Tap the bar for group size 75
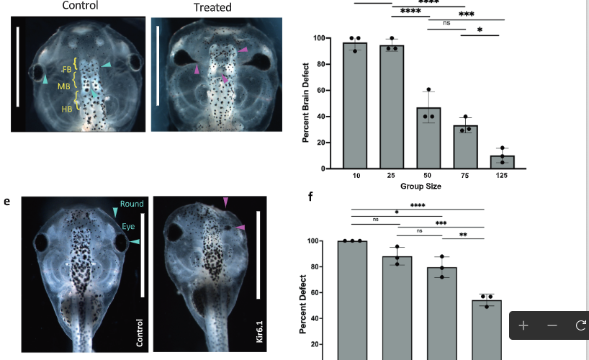tap(466, 147)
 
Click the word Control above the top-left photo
tap(80, 6)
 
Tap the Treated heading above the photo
tap(212, 7)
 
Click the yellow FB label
tap(67, 69)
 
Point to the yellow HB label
tap(67, 109)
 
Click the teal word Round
tap(132, 204)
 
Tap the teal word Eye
tap(127, 225)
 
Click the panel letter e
tap(7, 202)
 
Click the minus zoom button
tap(552, 325)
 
